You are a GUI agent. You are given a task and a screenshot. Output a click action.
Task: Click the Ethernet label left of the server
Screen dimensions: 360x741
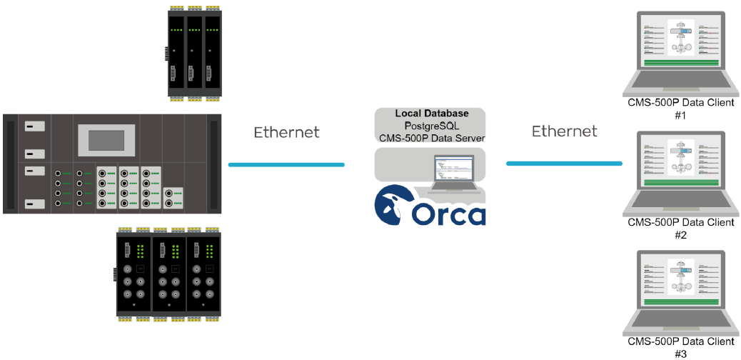click(286, 132)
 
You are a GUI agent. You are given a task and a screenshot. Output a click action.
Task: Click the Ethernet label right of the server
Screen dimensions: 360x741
click(564, 131)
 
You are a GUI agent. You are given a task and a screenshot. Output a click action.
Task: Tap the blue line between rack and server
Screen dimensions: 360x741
click(286, 165)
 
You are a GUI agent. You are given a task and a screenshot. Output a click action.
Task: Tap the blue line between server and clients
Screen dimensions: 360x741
click(564, 164)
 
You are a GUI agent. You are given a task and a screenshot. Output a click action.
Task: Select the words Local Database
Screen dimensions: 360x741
click(432, 114)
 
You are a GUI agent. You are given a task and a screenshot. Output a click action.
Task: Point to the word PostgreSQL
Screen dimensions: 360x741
click(432, 126)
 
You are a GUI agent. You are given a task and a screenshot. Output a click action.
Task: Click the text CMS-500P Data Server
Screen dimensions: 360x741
click(432, 138)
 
